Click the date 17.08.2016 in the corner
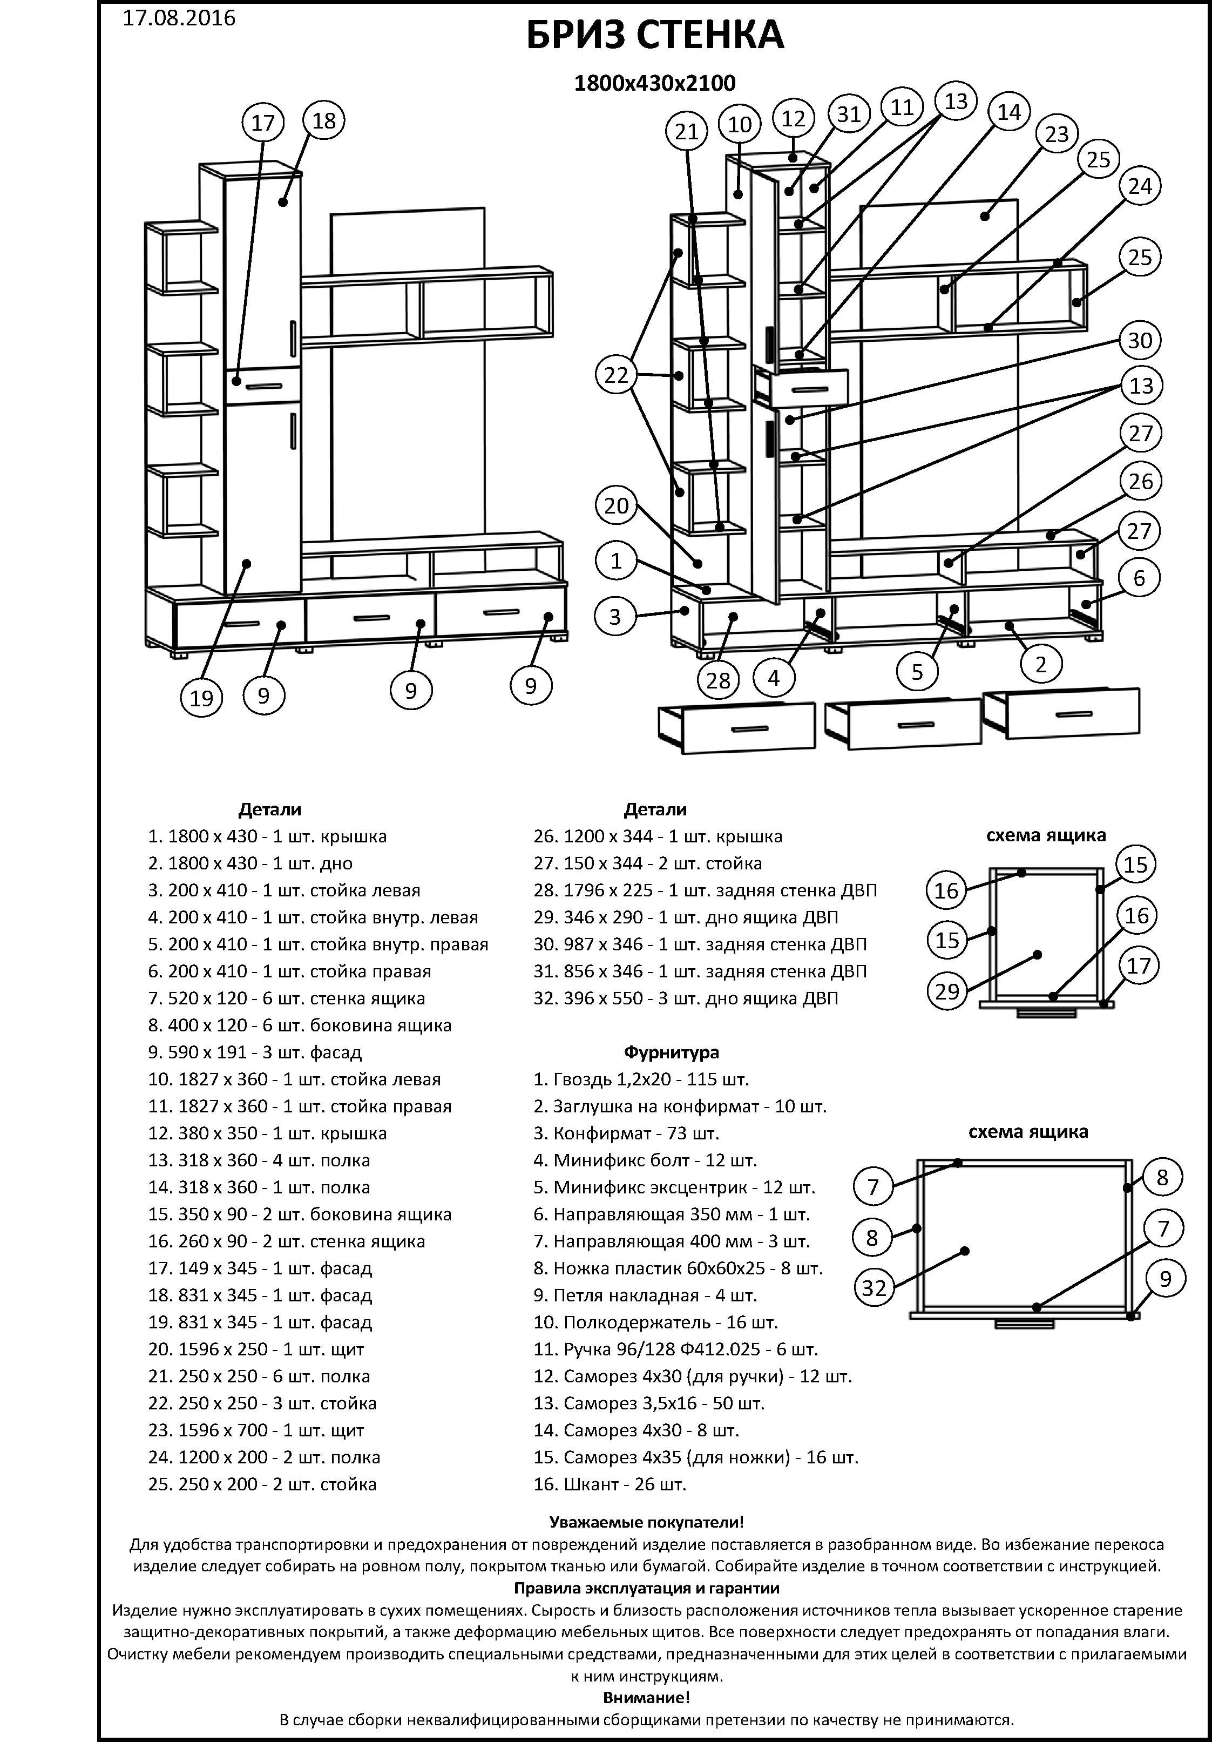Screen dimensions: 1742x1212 (179, 17)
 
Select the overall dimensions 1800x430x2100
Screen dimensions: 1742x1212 (654, 83)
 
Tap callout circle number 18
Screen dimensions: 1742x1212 (324, 120)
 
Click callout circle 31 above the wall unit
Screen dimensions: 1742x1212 (849, 114)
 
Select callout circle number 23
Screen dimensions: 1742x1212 (1057, 134)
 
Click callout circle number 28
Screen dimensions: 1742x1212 (717, 680)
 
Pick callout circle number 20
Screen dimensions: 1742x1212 (617, 505)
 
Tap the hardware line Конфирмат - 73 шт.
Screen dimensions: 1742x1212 (626, 1133)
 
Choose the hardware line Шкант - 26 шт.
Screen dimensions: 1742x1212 (610, 1484)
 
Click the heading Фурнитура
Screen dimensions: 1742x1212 (671, 1052)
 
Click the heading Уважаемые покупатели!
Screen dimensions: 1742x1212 (646, 1522)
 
